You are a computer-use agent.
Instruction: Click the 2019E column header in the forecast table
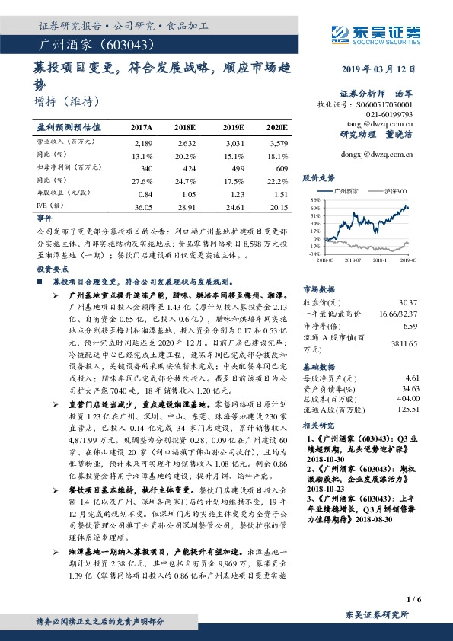pyautogui.click(x=234, y=127)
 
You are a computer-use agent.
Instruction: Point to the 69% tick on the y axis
pyautogui.click(x=313, y=208)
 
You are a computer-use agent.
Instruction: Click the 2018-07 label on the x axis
pyautogui.click(x=353, y=260)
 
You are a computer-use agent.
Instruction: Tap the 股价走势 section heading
pyautogui.click(x=319, y=177)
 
